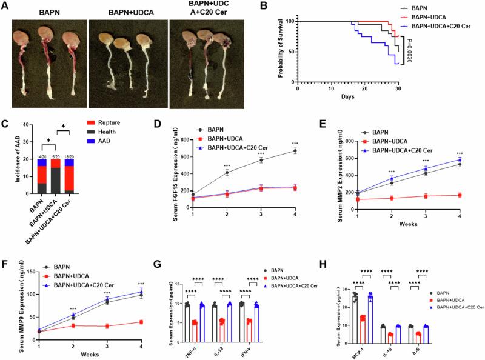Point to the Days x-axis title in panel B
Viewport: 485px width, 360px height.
click(x=347, y=96)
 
